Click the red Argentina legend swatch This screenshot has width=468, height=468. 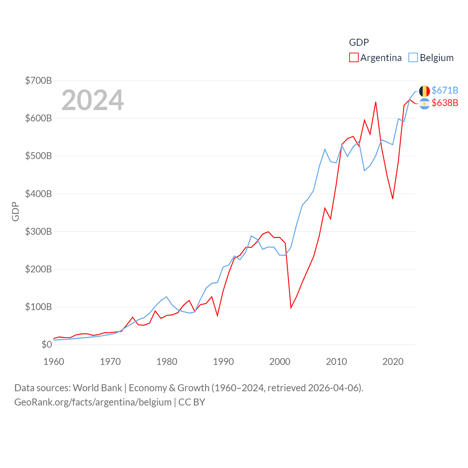pos(354,58)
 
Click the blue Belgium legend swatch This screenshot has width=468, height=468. pos(413,58)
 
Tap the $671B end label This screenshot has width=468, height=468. pos(445,90)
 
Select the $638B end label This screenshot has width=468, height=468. pos(445,103)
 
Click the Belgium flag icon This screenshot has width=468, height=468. pos(424,91)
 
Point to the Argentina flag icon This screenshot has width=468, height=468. pos(424,104)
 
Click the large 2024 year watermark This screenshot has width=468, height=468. pos(93,100)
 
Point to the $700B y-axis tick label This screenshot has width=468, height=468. pos(38,80)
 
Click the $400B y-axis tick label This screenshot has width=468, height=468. pos(38,194)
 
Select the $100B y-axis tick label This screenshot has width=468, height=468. pos(38,307)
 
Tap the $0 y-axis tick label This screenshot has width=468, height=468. pos(46,344)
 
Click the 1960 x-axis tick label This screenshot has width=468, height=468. pos(54,362)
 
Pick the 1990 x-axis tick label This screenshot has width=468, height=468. pos(223,362)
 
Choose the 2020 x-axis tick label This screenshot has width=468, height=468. pos(393,362)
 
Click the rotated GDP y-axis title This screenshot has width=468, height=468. pos(15,211)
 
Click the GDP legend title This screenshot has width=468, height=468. pos(359,42)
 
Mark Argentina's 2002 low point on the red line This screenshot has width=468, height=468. pos(291,307)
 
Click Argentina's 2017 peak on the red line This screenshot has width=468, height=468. pos(376,102)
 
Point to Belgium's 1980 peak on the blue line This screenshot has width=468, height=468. pos(166,297)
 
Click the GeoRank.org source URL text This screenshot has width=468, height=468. pos(93,402)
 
